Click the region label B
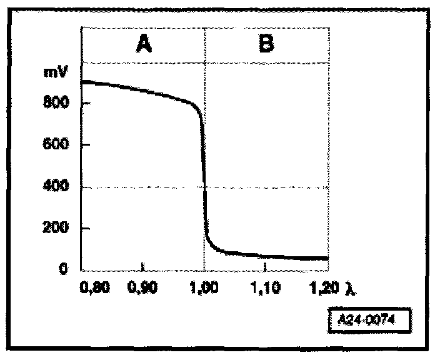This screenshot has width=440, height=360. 266,45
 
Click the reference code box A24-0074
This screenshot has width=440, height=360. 369,318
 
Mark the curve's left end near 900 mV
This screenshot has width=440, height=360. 84,82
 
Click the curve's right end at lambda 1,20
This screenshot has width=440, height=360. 327,258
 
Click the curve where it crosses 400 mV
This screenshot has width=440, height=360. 204,186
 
